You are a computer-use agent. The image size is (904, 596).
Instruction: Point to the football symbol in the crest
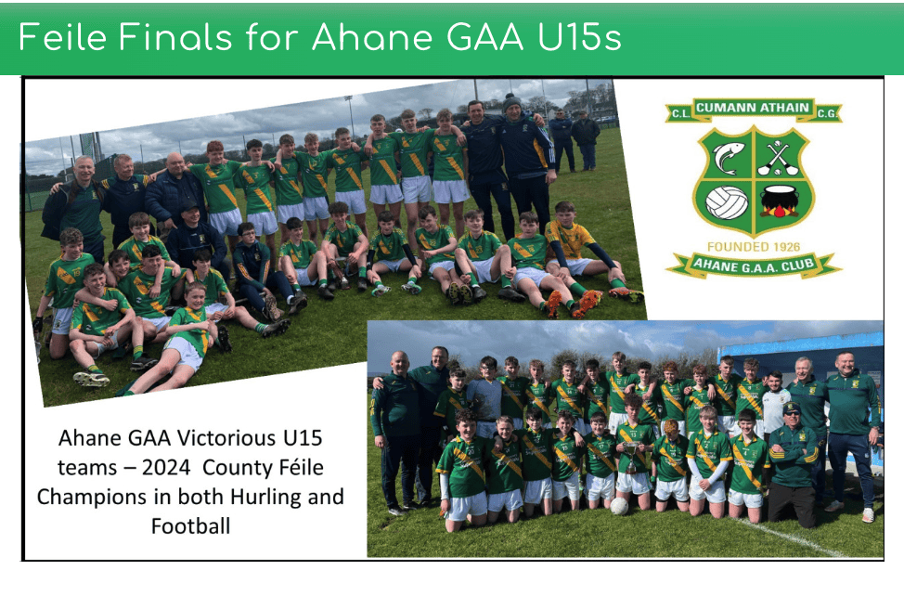(727, 203)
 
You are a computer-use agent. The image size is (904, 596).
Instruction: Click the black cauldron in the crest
(780, 201)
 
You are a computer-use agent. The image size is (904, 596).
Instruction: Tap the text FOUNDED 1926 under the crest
(754, 247)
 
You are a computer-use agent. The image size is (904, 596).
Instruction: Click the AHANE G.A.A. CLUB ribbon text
(754, 265)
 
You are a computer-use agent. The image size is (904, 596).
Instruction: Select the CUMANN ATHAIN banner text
(753, 107)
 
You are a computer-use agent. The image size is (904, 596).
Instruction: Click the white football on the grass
(619, 506)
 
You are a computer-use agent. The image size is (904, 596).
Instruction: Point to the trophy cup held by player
(631, 457)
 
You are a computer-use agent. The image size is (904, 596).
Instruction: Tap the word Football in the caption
(191, 525)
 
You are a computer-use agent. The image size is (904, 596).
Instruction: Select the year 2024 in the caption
(166, 467)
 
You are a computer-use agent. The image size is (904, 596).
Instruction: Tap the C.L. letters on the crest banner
(680, 113)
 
